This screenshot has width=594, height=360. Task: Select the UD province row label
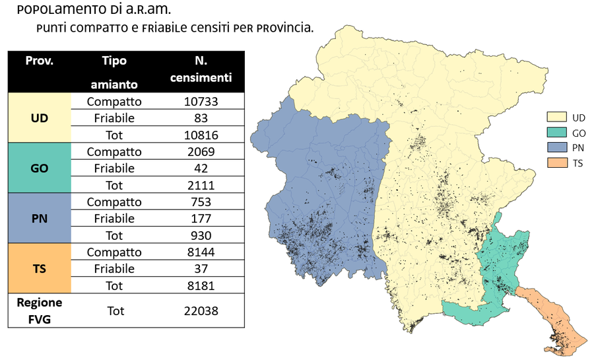click(39, 118)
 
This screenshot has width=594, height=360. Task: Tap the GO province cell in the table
click(39, 168)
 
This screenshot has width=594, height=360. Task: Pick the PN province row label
click(39, 218)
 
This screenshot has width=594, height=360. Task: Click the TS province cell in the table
click(39, 269)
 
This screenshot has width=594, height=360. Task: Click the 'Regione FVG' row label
click(39, 310)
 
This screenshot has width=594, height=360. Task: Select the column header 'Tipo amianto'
click(114, 72)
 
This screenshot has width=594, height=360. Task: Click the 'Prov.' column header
click(39, 61)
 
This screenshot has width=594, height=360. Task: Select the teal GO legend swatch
click(556, 132)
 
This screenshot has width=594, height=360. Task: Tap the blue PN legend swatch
click(556, 147)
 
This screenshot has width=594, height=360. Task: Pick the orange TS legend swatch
click(556, 162)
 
